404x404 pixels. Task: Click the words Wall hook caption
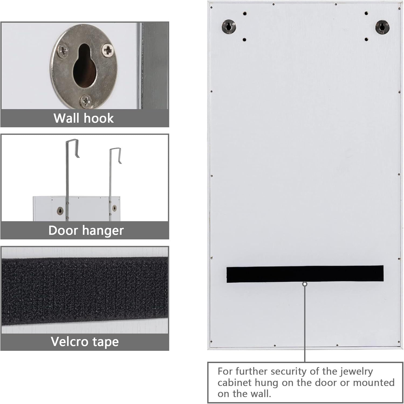pyautogui.click(x=84, y=118)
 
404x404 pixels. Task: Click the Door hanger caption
pyautogui.click(x=86, y=231)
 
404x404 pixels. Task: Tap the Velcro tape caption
pyautogui.click(x=85, y=342)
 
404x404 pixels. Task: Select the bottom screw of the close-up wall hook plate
pyautogui.click(x=86, y=102)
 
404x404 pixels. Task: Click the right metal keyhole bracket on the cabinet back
pyautogui.click(x=382, y=27)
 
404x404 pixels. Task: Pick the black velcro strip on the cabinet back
pyautogui.click(x=305, y=274)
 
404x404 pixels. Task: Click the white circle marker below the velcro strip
pyautogui.click(x=305, y=284)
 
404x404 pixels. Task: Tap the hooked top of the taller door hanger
pyautogui.click(x=72, y=148)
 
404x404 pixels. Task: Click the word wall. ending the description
pyautogui.click(x=260, y=394)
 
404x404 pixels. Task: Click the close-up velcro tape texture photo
pyautogui.click(x=85, y=290)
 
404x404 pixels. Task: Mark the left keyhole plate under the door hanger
pyautogui.click(x=60, y=210)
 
